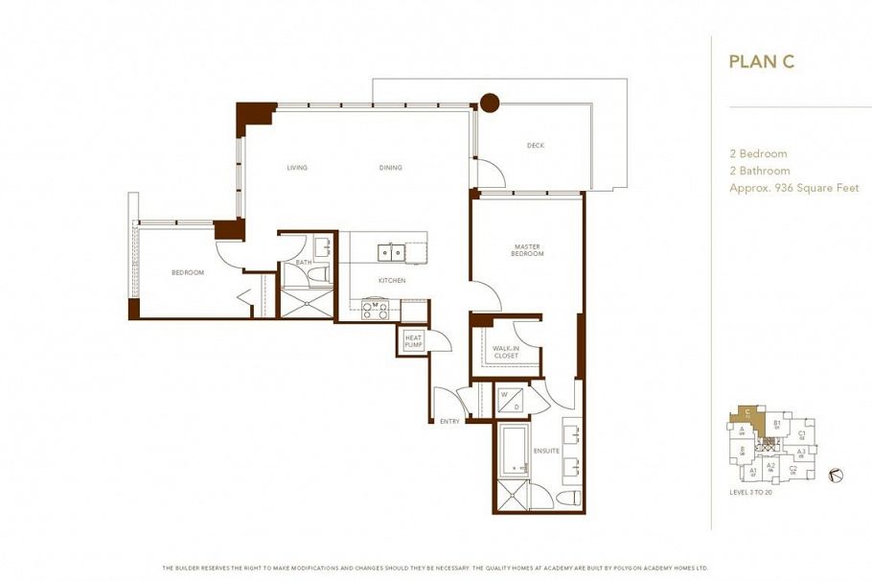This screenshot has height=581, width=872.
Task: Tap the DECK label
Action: pos(536,146)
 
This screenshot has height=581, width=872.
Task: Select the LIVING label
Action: pos(297,168)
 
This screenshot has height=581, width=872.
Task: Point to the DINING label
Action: pos(390,168)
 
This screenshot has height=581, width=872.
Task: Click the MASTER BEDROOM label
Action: pos(527,250)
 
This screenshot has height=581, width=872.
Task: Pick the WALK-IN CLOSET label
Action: pos(505,352)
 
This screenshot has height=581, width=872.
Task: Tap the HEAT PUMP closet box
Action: pos(413,340)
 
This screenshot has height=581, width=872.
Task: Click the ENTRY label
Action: pos(449,422)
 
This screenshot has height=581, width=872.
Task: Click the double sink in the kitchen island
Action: pos(391,253)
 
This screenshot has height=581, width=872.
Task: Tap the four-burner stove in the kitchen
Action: pos(375,309)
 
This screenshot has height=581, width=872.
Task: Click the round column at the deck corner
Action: pos(490,102)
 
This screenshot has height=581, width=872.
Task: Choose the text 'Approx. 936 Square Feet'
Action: pos(793,188)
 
